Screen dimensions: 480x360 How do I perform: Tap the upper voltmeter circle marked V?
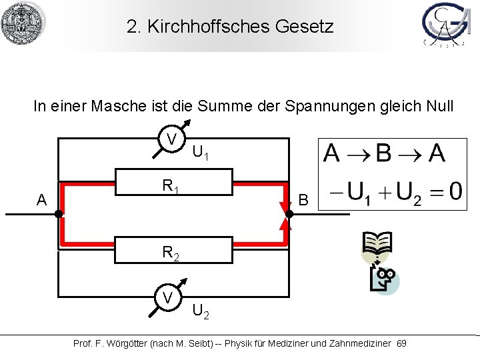172,139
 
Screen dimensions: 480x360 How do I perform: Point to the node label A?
42,200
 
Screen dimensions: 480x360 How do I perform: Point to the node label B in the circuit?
303,200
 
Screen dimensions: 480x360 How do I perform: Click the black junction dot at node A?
59,214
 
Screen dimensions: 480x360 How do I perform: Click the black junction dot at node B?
289,214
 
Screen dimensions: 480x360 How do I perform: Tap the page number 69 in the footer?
401,343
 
